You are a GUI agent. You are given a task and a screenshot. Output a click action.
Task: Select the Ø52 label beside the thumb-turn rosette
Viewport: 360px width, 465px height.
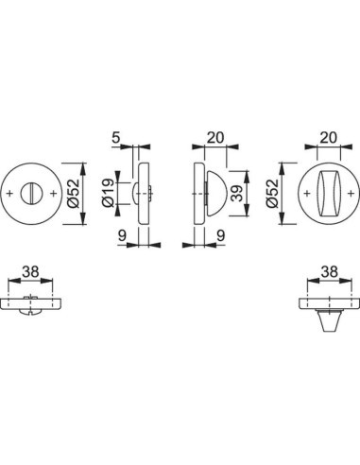(x=274, y=196)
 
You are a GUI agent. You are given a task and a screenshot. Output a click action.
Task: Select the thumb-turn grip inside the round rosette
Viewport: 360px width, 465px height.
(x=326, y=195)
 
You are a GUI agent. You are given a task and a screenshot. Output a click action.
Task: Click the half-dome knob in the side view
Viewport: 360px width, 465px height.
(x=209, y=195)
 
